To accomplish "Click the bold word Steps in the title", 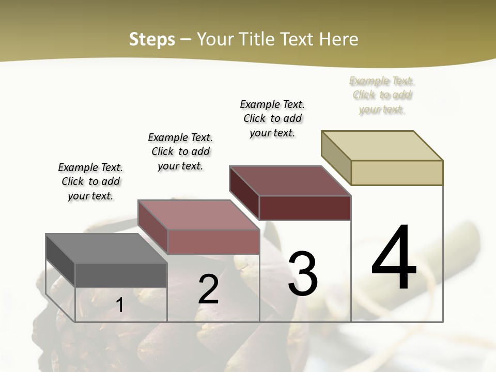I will click(152, 39).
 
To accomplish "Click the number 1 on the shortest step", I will click(120, 305).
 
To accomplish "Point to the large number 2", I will click(208, 289).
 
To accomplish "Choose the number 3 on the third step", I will click(303, 274).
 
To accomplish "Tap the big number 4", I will click(394, 258).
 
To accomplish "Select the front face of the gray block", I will click(121, 275).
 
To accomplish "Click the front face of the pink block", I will click(213, 242).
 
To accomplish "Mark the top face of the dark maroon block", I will click(290, 181).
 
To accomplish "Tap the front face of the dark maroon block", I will click(305, 208).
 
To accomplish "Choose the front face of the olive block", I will click(397, 173).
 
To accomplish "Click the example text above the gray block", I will click(90, 181).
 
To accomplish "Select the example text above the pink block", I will click(180, 151).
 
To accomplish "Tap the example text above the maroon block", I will click(272, 118).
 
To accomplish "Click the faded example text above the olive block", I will click(382, 95).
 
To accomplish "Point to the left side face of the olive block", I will click(336, 158).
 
